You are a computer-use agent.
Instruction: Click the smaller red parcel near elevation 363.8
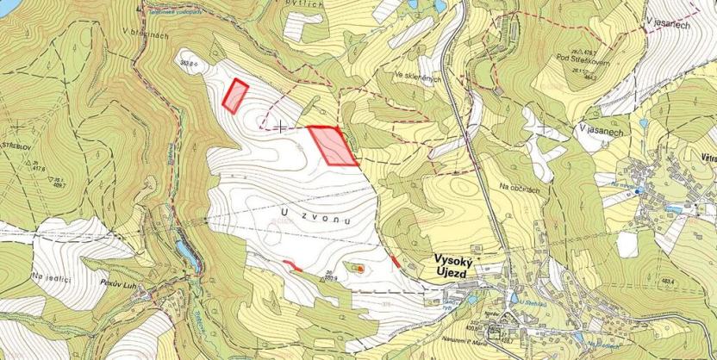234,96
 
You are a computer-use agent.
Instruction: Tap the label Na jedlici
50,276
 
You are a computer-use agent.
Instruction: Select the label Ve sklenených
418,78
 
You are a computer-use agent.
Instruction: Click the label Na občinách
516,187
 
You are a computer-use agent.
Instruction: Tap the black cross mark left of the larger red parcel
282,127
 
